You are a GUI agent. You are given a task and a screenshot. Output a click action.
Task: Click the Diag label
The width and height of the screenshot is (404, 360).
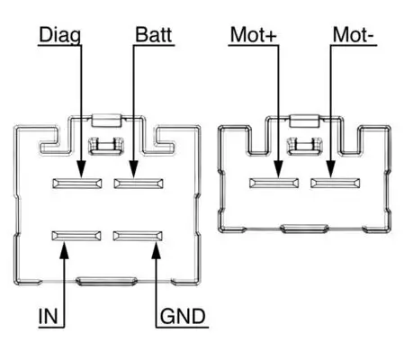(x=58, y=35)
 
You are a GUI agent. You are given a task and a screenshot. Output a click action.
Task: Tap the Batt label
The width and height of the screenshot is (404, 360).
(x=154, y=35)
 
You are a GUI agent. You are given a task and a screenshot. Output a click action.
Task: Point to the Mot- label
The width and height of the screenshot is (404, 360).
(x=353, y=35)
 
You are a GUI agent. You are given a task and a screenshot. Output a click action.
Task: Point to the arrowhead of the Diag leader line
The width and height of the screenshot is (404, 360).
(x=82, y=171)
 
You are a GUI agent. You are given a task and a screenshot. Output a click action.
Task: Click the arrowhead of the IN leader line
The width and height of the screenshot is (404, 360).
(x=65, y=248)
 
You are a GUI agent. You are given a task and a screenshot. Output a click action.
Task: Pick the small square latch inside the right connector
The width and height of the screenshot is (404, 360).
(x=305, y=146)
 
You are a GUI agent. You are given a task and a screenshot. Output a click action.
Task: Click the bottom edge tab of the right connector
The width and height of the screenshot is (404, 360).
(x=305, y=229)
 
